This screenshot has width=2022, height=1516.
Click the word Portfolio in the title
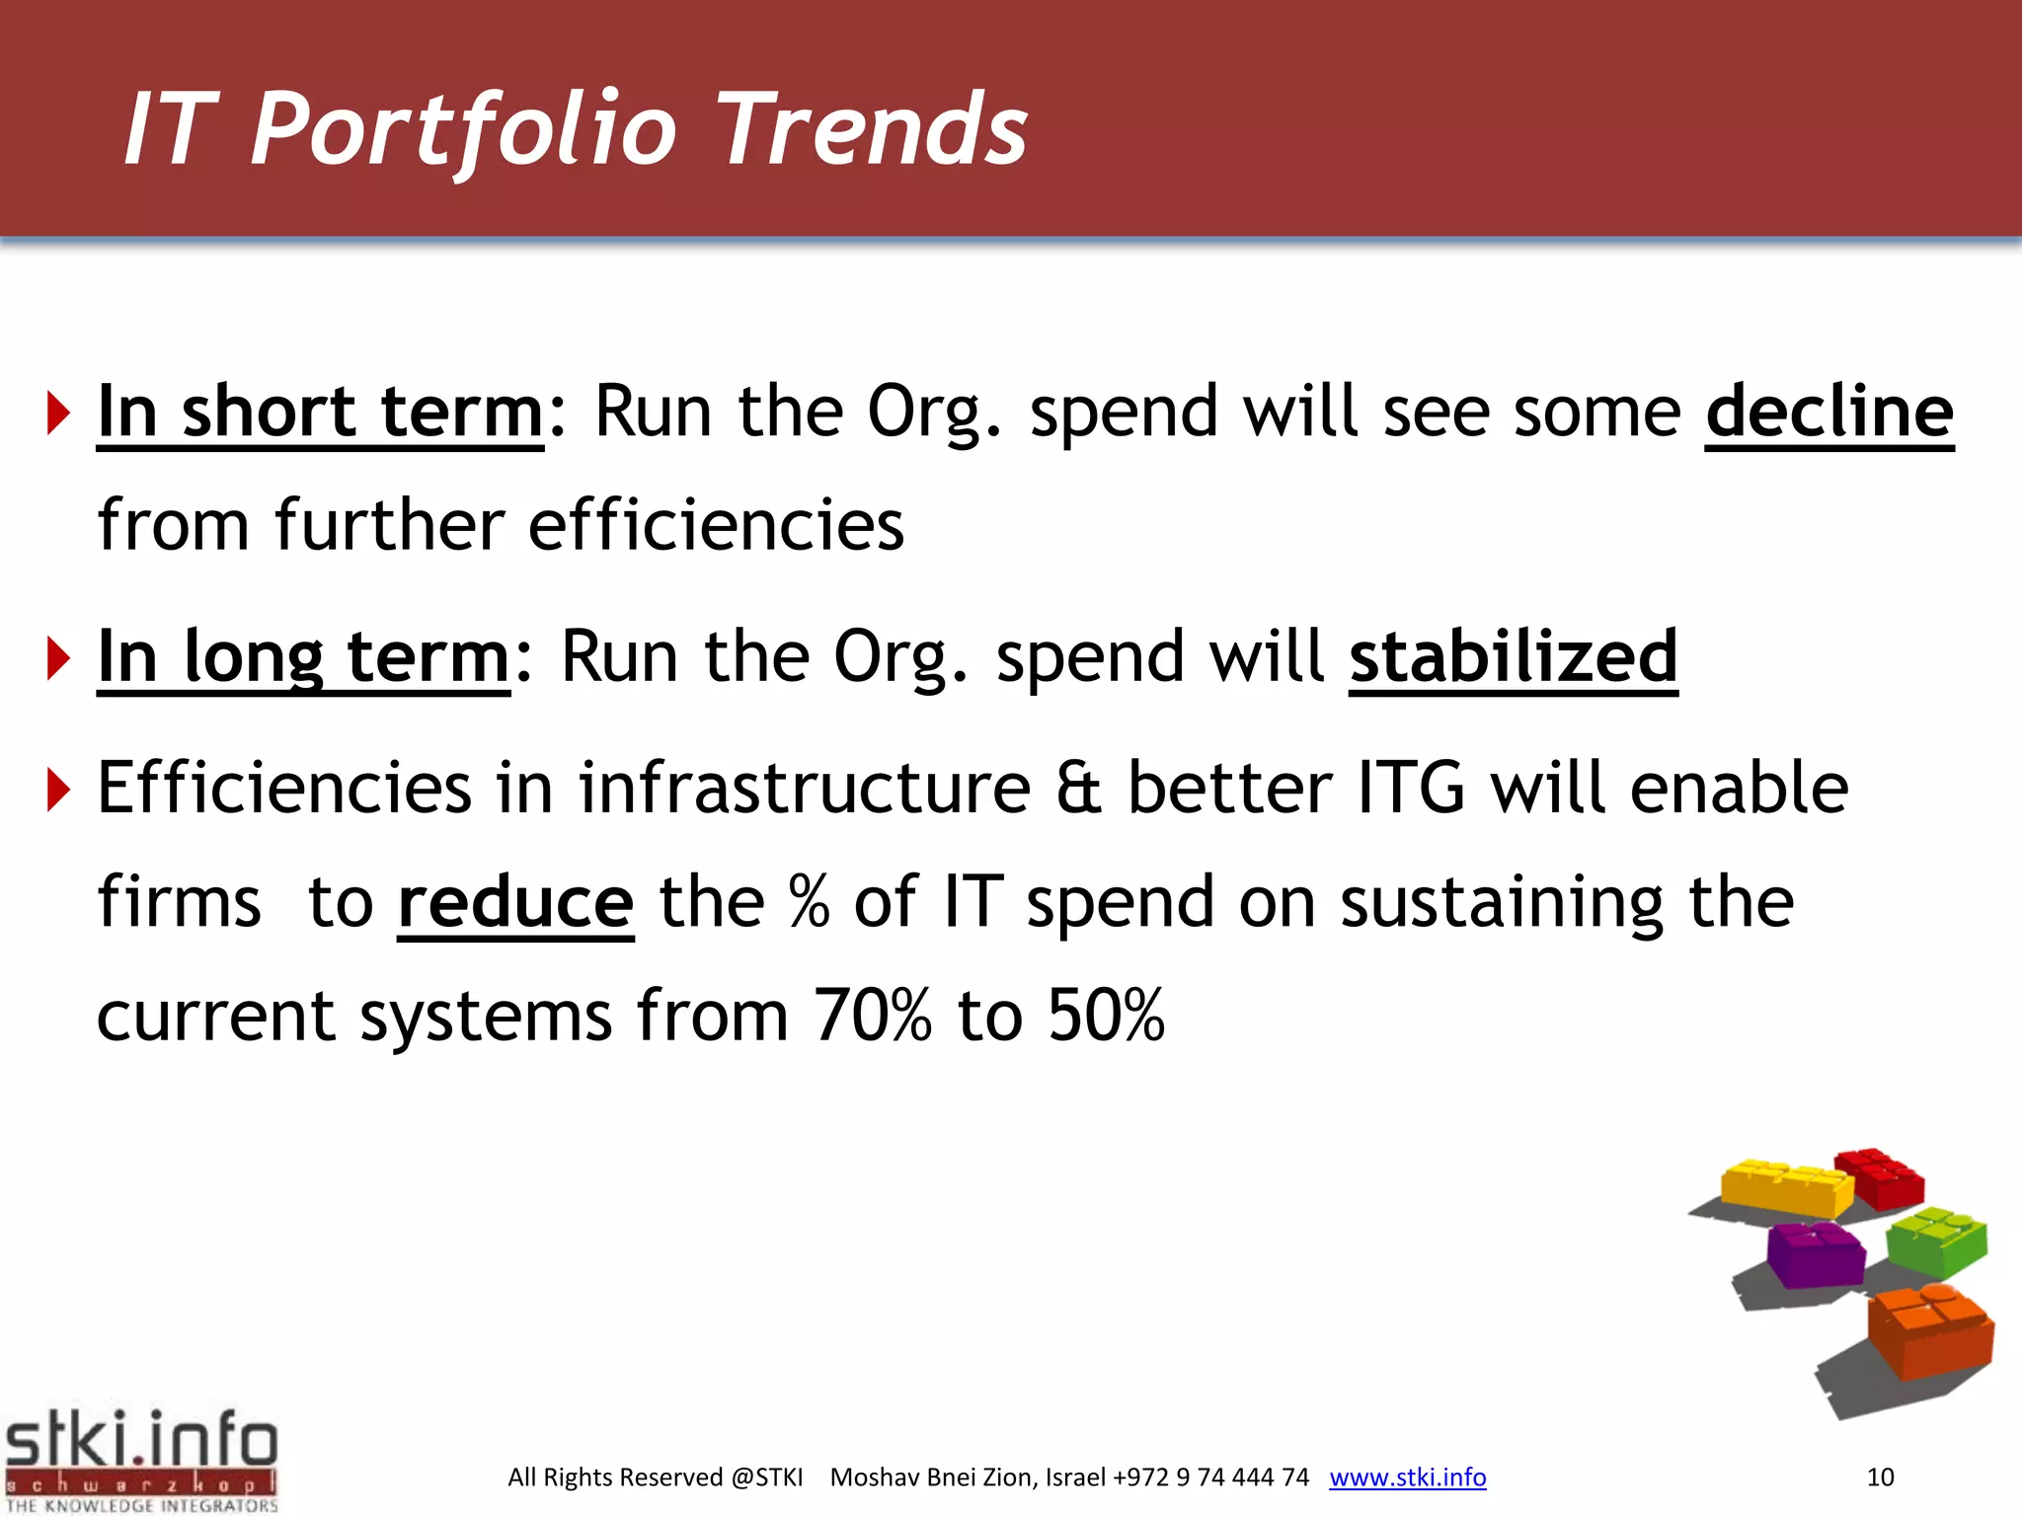(464, 128)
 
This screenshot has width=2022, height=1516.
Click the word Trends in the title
(873, 128)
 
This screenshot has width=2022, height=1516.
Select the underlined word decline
(1828, 412)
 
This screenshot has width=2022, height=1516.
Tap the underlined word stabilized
(1513, 656)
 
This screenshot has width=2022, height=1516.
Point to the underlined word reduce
(514, 902)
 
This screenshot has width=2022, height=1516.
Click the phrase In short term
(320, 412)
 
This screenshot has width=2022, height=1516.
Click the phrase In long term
(303, 656)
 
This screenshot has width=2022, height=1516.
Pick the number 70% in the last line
(872, 1016)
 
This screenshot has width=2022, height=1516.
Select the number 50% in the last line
(1106, 1016)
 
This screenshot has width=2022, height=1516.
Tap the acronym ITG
(1411, 789)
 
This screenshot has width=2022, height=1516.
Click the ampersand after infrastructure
(1078, 789)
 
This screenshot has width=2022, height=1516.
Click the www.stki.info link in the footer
(1407, 1477)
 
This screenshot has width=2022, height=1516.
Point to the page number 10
(1880, 1477)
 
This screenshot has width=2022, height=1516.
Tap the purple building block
(1815, 1253)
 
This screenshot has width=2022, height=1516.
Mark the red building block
(1881, 1177)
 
